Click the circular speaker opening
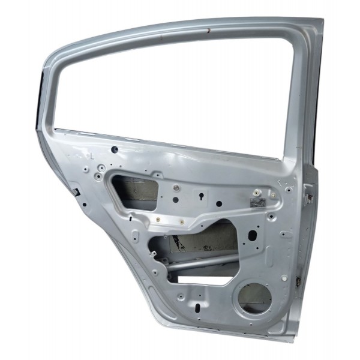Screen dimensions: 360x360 point(253,297)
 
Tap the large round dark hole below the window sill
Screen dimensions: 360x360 point(114,149)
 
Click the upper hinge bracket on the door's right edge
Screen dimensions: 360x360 point(308,193)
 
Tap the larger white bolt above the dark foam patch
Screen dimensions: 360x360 point(257,193)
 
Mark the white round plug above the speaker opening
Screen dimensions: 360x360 point(284,278)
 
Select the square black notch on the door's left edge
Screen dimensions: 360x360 point(77,192)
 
